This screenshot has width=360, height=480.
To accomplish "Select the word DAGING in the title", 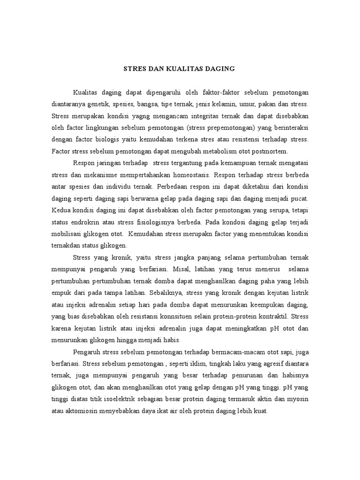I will pos(219,69).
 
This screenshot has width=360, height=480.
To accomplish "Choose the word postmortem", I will pos(270,151).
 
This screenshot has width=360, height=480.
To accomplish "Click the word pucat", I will pos(300,199).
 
